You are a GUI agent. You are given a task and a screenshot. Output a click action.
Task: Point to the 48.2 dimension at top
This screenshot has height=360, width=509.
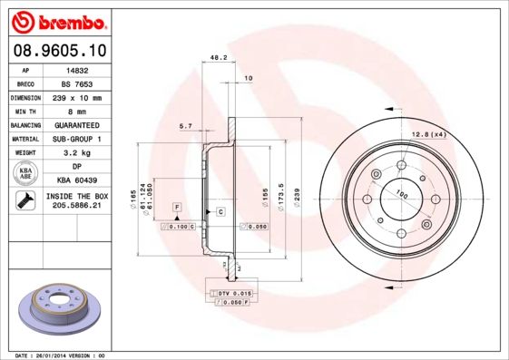[218, 57]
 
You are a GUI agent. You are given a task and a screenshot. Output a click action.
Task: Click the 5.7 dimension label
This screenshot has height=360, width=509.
[185, 125]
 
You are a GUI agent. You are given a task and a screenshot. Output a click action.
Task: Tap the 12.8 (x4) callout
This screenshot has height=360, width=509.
[428, 134]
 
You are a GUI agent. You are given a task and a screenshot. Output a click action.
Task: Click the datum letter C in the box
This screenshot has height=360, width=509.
[220, 211]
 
